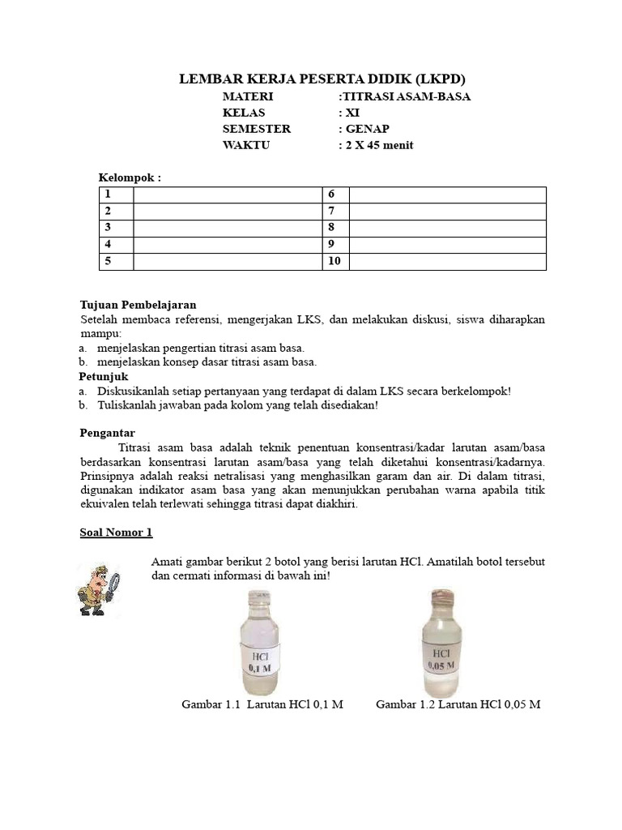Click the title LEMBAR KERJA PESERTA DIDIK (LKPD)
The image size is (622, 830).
click(x=322, y=79)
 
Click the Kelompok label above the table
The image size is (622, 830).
click(x=130, y=177)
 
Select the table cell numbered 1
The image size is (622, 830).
click(x=116, y=195)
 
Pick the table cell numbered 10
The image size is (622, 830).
click(x=336, y=262)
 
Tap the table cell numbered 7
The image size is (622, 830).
click(x=336, y=212)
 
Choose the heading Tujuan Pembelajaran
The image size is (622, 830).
click(x=138, y=305)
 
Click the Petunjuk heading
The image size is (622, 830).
click(x=103, y=377)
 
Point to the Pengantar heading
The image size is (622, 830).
click(x=107, y=433)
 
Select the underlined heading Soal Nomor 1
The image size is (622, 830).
click(x=116, y=533)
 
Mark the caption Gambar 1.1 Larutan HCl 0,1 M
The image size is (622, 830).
click(x=262, y=704)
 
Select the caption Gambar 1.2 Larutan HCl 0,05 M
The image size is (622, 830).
click(x=458, y=704)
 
